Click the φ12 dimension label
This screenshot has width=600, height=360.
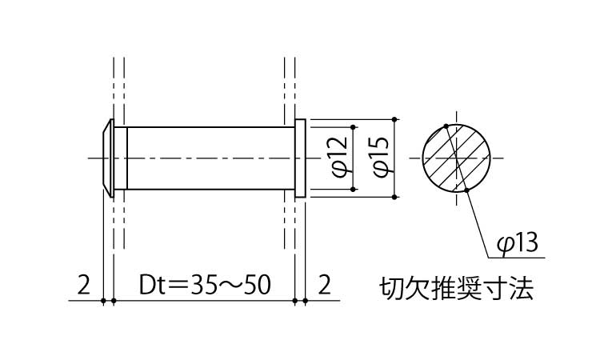click(x=340, y=158)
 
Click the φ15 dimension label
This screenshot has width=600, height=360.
click(x=382, y=158)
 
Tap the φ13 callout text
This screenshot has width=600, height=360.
click(x=518, y=242)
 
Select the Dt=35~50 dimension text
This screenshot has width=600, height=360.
click(x=205, y=285)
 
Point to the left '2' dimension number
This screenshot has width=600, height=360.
click(x=84, y=285)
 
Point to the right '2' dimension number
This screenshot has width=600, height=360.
click(x=324, y=285)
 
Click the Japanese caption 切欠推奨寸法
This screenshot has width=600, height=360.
click(x=456, y=289)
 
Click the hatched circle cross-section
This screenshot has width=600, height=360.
click(x=457, y=158)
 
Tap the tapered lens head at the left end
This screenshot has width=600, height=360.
click(x=108, y=158)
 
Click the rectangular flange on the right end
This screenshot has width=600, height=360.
click(x=300, y=158)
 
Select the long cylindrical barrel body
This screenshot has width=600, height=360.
click(x=211, y=158)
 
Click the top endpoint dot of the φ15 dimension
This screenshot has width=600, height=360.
click(x=394, y=119)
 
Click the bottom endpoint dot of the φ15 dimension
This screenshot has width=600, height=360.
click(x=394, y=197)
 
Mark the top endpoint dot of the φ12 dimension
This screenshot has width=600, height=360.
click(x=353, y=126)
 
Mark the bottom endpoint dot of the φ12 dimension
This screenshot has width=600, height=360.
click(x=353, y=190)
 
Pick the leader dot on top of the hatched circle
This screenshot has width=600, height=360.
click(x=446, y=126)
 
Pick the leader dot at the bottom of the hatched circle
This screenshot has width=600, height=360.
click(x=466, y=190)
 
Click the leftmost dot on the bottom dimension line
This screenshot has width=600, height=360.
click(x=103, y=301)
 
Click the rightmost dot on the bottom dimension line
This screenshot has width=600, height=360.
click(x=306, y=301)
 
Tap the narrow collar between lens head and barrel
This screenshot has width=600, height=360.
click(x=121, y=158)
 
